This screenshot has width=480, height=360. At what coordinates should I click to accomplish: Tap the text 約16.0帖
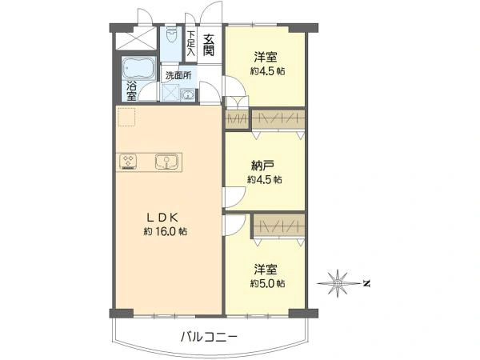166,231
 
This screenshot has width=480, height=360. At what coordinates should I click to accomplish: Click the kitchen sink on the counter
166,161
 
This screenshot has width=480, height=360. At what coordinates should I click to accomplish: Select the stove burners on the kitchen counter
130,161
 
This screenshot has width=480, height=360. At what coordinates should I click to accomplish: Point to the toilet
171,36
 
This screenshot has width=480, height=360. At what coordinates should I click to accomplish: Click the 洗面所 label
178,75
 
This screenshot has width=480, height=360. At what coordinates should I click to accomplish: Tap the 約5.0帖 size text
267,283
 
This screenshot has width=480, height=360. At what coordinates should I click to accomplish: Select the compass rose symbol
339,282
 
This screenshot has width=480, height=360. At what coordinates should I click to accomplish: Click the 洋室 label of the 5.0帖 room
267,269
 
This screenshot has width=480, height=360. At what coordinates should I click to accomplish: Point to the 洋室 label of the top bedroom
267,57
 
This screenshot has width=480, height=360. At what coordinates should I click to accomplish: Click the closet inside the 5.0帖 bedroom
278,226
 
